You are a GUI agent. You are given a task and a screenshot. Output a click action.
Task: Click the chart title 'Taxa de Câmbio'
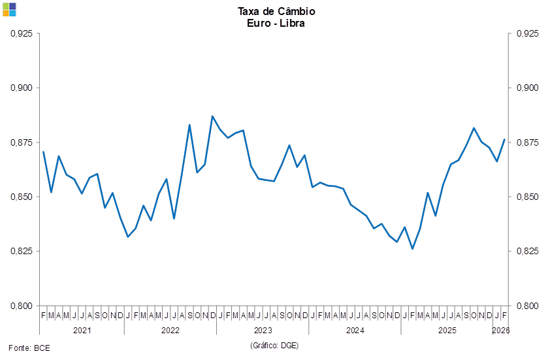(276, 11)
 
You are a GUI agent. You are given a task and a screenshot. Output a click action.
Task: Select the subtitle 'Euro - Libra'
(276, 23)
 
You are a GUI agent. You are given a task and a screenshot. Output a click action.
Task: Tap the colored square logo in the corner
(9, 9)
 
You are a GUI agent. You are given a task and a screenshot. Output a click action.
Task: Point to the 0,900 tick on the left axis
(22, 88)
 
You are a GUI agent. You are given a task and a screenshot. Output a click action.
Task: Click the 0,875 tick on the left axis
(22, 142)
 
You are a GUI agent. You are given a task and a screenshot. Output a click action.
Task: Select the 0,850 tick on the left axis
(22, 197)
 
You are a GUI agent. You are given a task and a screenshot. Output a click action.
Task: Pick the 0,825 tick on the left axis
(22, 251)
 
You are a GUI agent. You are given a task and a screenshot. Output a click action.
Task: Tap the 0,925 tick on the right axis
(527, 33)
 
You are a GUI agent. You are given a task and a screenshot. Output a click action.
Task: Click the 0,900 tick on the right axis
(527, 88)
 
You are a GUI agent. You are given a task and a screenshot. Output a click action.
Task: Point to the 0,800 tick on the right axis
(527, 305)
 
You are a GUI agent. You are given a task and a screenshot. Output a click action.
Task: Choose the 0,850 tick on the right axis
(527, 197)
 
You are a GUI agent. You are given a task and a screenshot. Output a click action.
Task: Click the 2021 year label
(82, 331)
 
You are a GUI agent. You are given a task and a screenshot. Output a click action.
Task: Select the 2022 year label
(170, 331)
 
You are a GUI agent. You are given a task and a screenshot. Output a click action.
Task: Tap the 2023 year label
(263, 331)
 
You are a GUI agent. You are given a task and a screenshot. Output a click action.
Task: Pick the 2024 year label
(355, 331)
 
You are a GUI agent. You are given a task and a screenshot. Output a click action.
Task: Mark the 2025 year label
(447, 331)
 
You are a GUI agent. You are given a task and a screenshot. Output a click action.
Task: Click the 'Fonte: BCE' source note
(29, 347)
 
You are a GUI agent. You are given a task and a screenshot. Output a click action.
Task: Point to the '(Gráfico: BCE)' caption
(274, 345)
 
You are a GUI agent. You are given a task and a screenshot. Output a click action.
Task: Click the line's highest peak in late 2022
(212, 116)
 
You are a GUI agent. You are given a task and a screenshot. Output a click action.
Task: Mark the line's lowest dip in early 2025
(413, 248)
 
